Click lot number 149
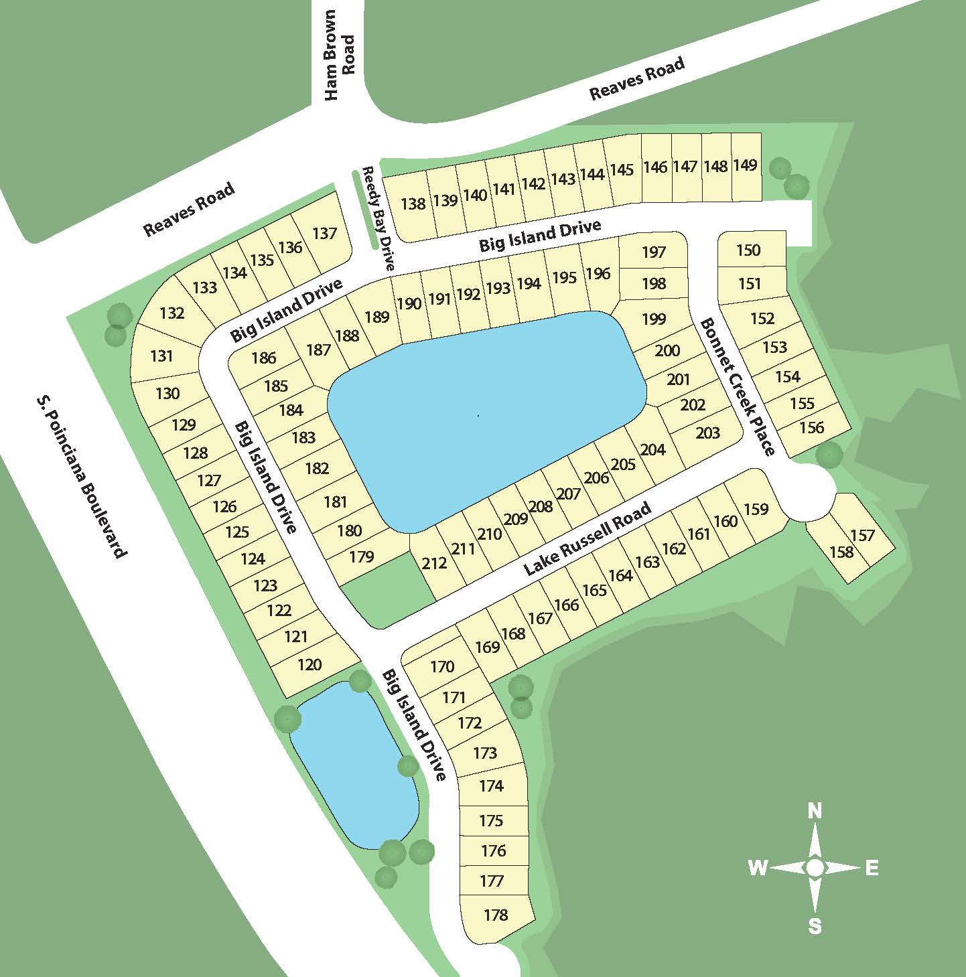coord(746,165)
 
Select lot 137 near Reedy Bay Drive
coord(325,233)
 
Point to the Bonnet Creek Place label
coord(737,386)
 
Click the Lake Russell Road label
coord(587,538)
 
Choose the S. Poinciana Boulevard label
coord(81,476)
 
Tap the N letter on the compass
coord(815,812)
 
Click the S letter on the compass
coord(815,926)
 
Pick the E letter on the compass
coord(872,869)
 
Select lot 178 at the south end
coord(496,915)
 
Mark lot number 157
coord(863,535)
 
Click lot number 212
coord(434,563)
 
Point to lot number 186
coord(263,357)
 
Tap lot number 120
coord(309,664)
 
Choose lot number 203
coord(707,433)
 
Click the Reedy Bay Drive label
coord(378,218)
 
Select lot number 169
coord(488,646)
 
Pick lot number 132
coord(172,313)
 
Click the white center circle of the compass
coord(815,869)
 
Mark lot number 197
coord(654,252)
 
